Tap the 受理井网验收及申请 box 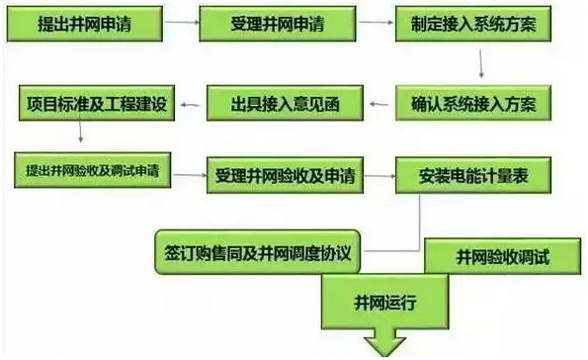285,179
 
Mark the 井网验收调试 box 502,256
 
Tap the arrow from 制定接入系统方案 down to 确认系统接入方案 482,60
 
